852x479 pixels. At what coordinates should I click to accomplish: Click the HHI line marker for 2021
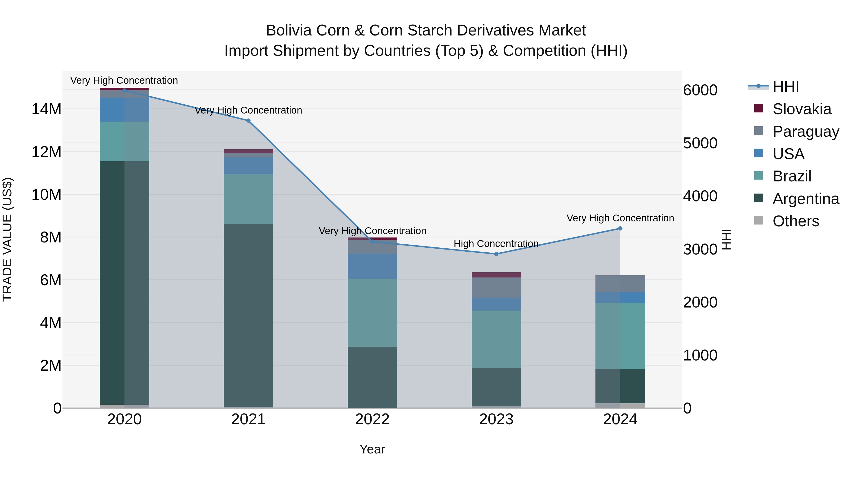[x=248, y=121]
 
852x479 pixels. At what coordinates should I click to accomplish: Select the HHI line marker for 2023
[x=496, y=254]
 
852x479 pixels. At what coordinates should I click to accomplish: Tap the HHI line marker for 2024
[x=620, y=229]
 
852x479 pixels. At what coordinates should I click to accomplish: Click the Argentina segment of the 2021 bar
[x=248, y=316]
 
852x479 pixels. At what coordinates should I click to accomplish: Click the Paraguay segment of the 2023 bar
[x=496, y=288]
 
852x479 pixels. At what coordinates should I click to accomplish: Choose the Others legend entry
[x=796, y=221]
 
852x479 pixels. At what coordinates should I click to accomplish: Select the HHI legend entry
[x=785, y=87]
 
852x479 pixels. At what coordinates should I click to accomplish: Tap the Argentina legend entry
[x=806, y=199]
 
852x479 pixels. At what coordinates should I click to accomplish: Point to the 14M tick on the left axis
[x=46, y=109]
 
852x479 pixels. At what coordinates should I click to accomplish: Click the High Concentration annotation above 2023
[x=496, y=244]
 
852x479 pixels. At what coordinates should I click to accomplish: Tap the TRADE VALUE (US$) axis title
[x=7, y=239]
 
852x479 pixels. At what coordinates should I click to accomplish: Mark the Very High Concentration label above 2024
[x=620, y=218]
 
